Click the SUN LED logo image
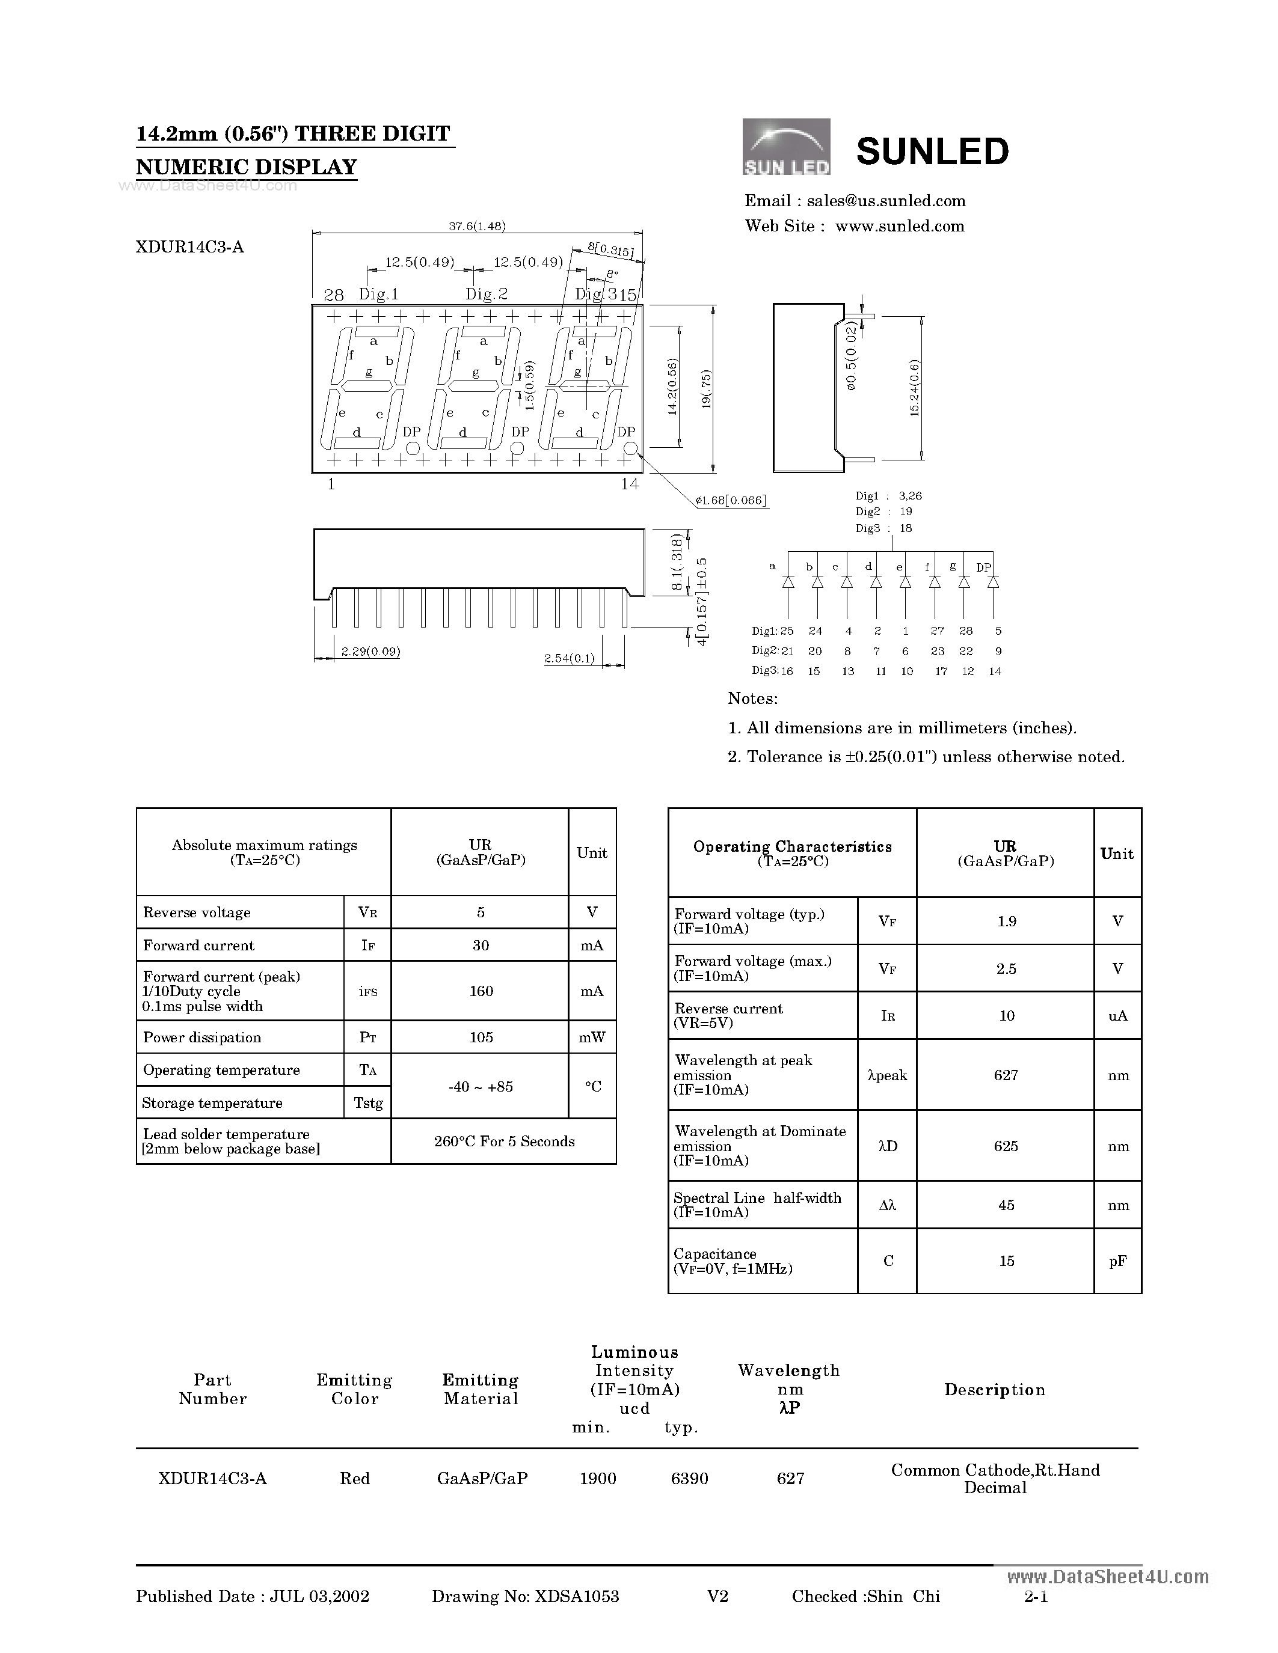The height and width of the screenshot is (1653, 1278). tap(786, 147)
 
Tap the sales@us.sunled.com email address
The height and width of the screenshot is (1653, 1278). tap(886, 201)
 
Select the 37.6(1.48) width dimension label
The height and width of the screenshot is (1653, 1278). tap(477, 225)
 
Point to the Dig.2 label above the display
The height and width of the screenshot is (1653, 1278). tap(486, 294)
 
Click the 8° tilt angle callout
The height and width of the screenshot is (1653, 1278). tap(612, 275)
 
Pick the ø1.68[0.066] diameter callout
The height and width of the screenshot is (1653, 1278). tap(731, 500)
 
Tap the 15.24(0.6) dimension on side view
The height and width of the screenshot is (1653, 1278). tap(915, 388)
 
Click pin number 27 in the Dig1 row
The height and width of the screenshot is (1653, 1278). tap(938, 631)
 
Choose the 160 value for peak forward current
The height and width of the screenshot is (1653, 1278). tap(481, 991)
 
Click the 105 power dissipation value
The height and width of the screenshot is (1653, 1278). tap(481, 1037)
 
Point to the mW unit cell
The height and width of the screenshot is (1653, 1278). tap(592, 1037)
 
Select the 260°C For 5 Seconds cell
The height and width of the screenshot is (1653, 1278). tap(504, 1141)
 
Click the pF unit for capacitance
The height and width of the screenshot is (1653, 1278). tap(1117, 1261)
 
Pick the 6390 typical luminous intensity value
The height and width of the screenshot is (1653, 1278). tap(689, 1478)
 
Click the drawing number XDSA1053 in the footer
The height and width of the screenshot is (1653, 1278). tap(577, 1596)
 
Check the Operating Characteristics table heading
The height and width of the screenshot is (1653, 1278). tap(792, 847)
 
